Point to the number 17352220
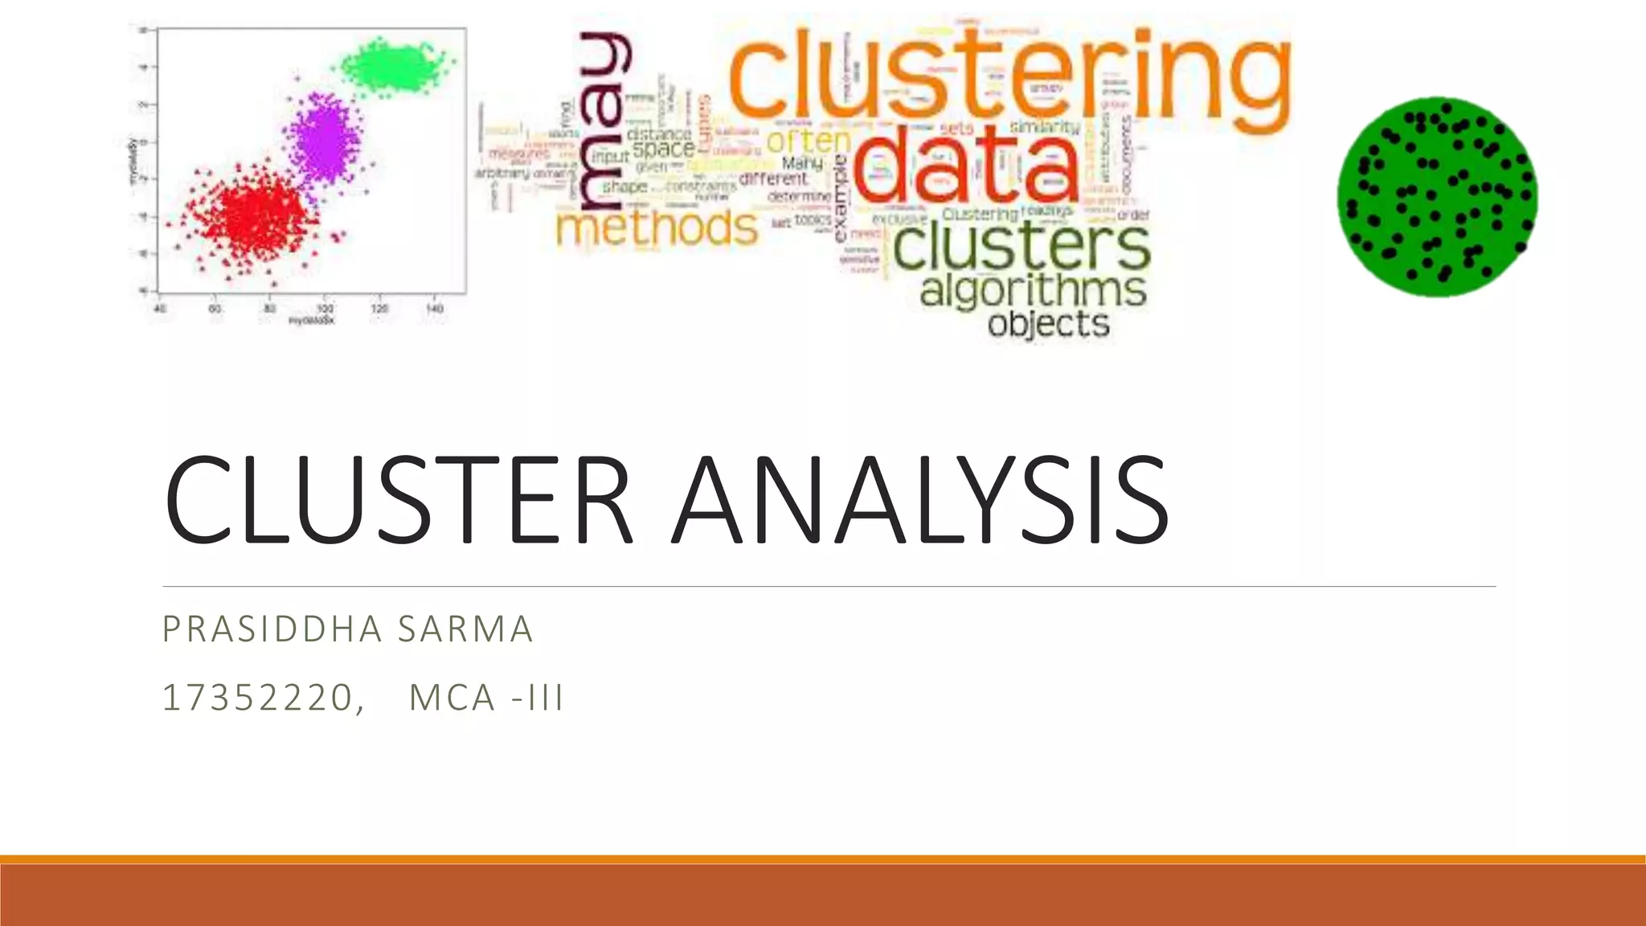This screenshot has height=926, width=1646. [x=257, y=698]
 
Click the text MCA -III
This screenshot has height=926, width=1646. [x=486, y=698]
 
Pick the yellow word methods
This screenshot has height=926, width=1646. [x=656, y=227]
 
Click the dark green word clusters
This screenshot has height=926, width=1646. [x=1021, y=247]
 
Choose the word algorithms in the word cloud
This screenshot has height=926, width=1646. [x=1033, y=289]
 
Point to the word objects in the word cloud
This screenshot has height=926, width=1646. [x=1048, y=324]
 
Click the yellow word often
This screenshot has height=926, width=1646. [x=808, y=141]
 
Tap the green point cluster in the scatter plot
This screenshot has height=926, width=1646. [x=394, y=66]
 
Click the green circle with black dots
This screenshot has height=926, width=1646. [x=1437, y=197]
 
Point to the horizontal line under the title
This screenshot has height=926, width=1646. [x=828, y=587]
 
